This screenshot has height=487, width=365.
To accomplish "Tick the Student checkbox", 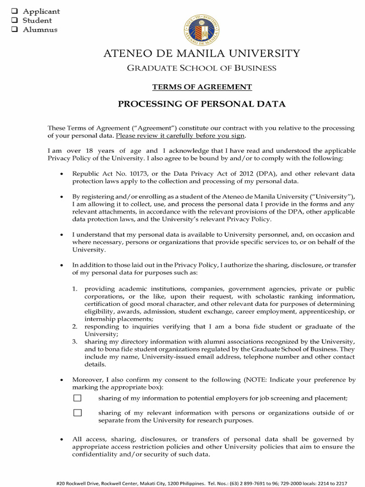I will coord(14,20).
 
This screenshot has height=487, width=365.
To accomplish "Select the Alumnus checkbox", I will coord(14,29).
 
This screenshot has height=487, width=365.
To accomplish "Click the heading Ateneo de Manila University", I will coord(202,54).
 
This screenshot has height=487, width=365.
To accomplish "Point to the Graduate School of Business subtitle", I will coord(202,68).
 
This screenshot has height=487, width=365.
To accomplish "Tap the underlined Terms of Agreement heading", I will coord(202,87).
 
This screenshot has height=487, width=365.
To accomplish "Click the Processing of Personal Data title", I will coord(202,104).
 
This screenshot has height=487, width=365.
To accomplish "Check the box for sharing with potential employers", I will coord(77,398).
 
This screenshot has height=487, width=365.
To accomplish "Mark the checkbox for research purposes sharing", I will coord(77,413).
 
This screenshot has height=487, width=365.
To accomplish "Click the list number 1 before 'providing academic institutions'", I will coord(75,289).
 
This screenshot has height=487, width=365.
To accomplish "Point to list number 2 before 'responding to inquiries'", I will coord(75,327).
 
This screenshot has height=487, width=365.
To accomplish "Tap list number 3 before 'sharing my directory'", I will coord(75,342).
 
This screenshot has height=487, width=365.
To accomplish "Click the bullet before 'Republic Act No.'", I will coord(62,175).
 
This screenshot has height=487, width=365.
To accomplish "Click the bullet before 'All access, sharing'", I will coord(62,440).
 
